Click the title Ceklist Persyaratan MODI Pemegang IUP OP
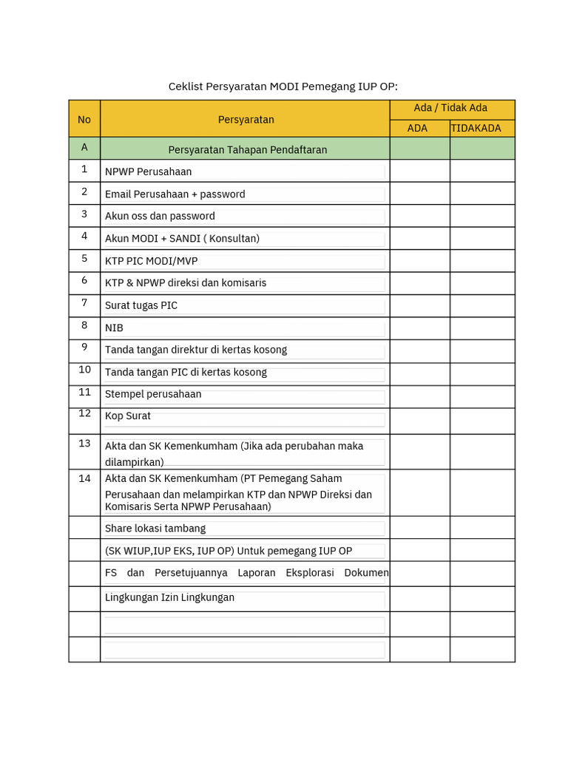click(x=283, y=86)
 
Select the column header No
click(x=84, y=119)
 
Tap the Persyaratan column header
click(x=246, y=119)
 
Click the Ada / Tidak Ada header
click(x=450, y=108)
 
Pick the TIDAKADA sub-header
click(x=476, y=128)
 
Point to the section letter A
click(x=84, y=147)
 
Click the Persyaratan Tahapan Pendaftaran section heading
click(x=247, y=149)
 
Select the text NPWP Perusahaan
click(x=148, y=172)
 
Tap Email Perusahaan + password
click(x=175, y=194)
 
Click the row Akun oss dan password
click(x=160, y=216)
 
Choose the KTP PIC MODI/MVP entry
click(x=151, y=261)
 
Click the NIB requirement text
click(x=114, y=327)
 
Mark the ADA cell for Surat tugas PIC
click(x=419, y=306)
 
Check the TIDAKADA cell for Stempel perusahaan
click(x=481, y=396)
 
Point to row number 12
click(x=84, y=413)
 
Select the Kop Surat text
click(x=127, y=415)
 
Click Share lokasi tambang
click(x=155, y=528)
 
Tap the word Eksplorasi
click(x=305, y=572)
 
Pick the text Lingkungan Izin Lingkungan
click(x=169, y=597)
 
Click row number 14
click(x=84, y=478)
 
